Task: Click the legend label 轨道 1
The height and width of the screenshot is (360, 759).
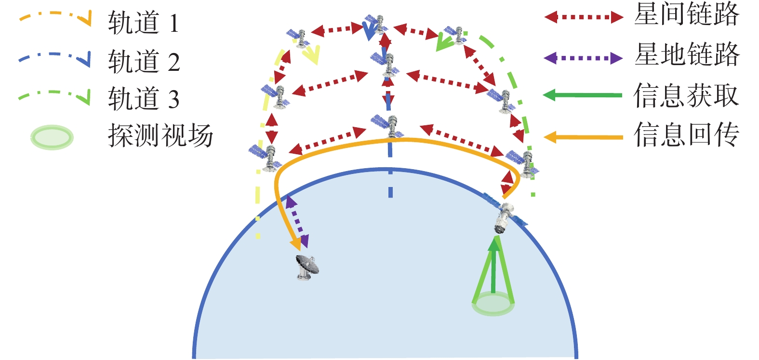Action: (x=144, y=22)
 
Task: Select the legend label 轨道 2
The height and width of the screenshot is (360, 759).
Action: (x=144, y=61)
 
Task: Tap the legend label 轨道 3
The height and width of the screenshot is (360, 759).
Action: (x=144, y=98)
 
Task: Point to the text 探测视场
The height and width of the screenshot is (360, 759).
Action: (x=160, y=135)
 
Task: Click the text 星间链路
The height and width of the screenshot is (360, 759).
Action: (x=687, y=14)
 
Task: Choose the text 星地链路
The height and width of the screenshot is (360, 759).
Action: (x=687, y=54)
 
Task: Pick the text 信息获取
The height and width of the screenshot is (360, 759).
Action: (x=687, y=95)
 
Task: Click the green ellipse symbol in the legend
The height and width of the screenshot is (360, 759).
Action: (x=52, y=137)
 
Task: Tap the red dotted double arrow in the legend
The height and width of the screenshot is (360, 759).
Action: (x=584, y=17)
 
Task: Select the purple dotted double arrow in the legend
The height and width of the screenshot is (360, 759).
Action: (x=584, y=58)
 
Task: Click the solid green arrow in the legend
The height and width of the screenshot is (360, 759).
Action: (x=583, y=95)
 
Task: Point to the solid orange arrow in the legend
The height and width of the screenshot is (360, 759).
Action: (x=584, y=137)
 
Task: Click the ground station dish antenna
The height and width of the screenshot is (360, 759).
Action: (x=307, y=267)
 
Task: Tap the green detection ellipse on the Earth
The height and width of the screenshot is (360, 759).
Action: (x=493, y=305)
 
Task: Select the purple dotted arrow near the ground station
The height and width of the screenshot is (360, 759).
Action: (x=297, y=222)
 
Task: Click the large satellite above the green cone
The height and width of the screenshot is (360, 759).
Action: (x=505, y=213)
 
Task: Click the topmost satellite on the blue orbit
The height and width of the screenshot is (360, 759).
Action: (x=377, y=25)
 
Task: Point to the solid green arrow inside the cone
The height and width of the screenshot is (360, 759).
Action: (x=493, y=265)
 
